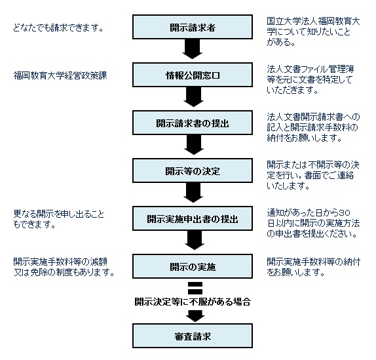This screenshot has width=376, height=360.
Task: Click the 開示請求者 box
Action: [193, 27]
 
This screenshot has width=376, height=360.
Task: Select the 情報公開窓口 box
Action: [193, 75]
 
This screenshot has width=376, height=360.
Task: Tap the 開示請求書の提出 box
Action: [193, 123]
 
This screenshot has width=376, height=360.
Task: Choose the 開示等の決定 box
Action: [193, 170]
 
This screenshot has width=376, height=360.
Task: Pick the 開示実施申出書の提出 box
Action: [193, 218]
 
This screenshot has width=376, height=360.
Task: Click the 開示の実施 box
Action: [193, 266]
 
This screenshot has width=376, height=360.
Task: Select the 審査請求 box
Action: [193, 336]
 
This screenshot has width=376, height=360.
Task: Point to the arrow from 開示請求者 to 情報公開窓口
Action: [193, 49]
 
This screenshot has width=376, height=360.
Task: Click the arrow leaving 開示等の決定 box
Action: [193, 193]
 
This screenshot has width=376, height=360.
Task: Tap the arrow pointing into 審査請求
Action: [195, 316]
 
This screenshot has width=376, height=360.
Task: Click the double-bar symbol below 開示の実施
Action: [195, 288]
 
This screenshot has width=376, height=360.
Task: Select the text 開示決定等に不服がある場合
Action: [193, 302]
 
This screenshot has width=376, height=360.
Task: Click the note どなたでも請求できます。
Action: [58, 28]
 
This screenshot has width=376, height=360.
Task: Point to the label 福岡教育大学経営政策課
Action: [60, 75]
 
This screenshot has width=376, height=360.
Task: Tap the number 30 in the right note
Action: [345, 213]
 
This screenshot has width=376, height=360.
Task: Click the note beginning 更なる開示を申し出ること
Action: [59, 219]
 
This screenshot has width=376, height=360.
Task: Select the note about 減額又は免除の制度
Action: [64, 267]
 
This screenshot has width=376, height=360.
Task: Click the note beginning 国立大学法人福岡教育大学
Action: [313, 31]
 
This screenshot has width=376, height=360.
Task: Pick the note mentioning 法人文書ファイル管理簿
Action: [310, 79]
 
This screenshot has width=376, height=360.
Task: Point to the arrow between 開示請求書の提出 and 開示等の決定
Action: [194, 145]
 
